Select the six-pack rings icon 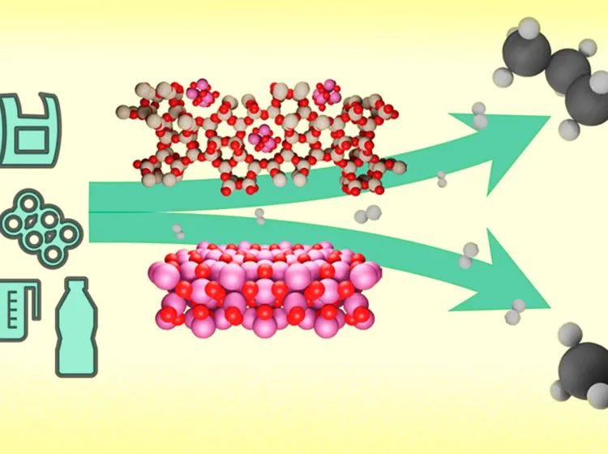42,223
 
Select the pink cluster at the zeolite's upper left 198,94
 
